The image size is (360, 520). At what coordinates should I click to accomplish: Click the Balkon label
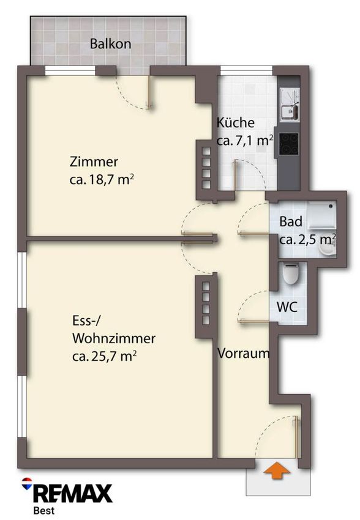[x=110, y=44]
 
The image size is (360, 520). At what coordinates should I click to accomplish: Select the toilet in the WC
[x=291, y=273]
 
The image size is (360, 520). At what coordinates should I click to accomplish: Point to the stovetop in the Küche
[x=289, y=144]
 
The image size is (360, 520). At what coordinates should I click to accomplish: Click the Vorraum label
[x=243, y=354]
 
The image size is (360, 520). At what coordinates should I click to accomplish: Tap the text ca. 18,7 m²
[x=102, y=180]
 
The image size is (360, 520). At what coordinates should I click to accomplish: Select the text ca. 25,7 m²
[x=105, y=357]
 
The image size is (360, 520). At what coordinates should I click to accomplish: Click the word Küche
[x=236, y=123]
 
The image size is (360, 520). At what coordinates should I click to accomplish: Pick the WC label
[x=287, y=308]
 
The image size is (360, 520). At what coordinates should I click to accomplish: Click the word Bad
[x=291, y=221]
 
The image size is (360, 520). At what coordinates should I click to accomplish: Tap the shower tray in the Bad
[x=322, y=215]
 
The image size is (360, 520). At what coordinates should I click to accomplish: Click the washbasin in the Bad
[x=329, y=248]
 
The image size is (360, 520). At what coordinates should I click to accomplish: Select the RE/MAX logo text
[x=73, y=494]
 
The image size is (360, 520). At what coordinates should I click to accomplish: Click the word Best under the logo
[x=44, y=511]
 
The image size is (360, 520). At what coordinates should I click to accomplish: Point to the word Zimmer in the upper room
[x=94, y=162]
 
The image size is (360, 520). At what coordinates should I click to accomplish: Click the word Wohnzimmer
[x=114, y=338]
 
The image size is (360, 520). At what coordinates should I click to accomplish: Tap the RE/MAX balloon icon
[x=26, y=483]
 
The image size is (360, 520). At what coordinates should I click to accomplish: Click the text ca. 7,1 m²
[x=245, y=141]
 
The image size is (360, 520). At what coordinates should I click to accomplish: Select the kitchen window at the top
[x=246, y=69]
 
